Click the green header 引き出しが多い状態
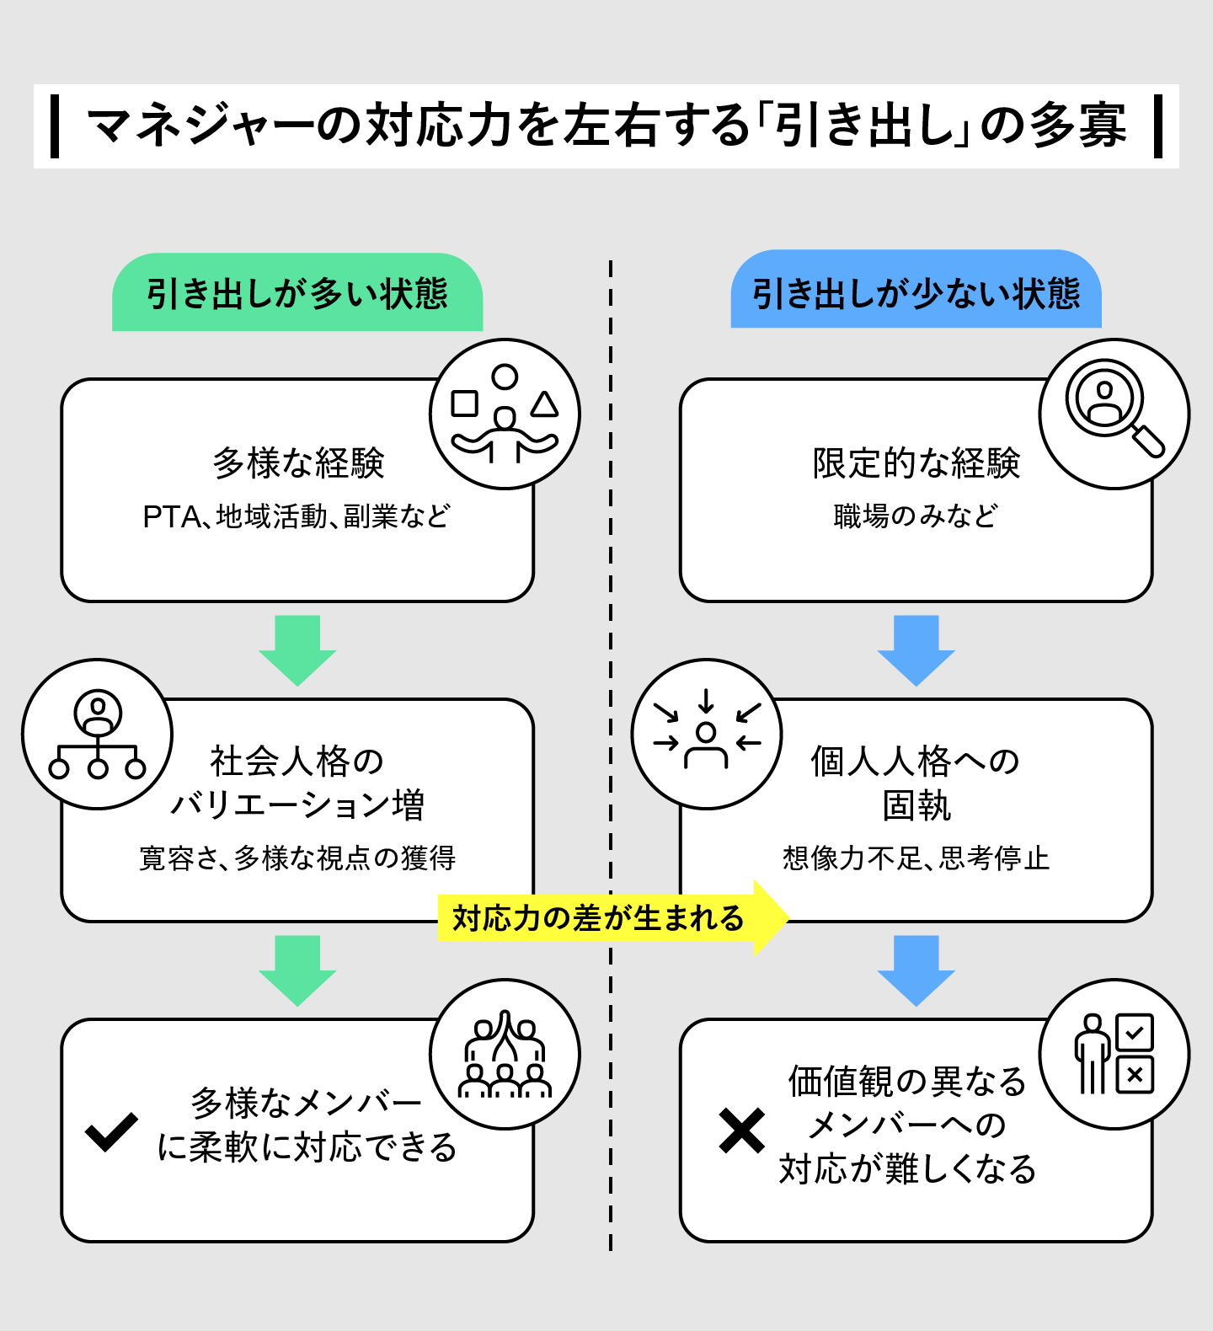click(297, 293)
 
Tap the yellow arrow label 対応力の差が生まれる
click(598, 917)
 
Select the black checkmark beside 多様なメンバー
click(111, 1131)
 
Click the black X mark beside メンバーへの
click(741, 1131)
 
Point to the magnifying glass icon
click(1114, 413)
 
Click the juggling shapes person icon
click(505, 414)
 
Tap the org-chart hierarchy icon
click(98, 735)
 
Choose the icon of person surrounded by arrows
click(707, 735)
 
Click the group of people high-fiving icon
click(505, 1054)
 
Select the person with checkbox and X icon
click(1114, 1054)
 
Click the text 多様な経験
click(298, 462)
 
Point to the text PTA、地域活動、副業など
click(297, 516)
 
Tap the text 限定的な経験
click(916, 462)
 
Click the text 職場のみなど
click(916, 516)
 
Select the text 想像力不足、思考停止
click(916, 858)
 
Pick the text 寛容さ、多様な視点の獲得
click(297, 858)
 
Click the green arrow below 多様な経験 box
click(297, 649)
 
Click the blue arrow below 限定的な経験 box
click(916, 649)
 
